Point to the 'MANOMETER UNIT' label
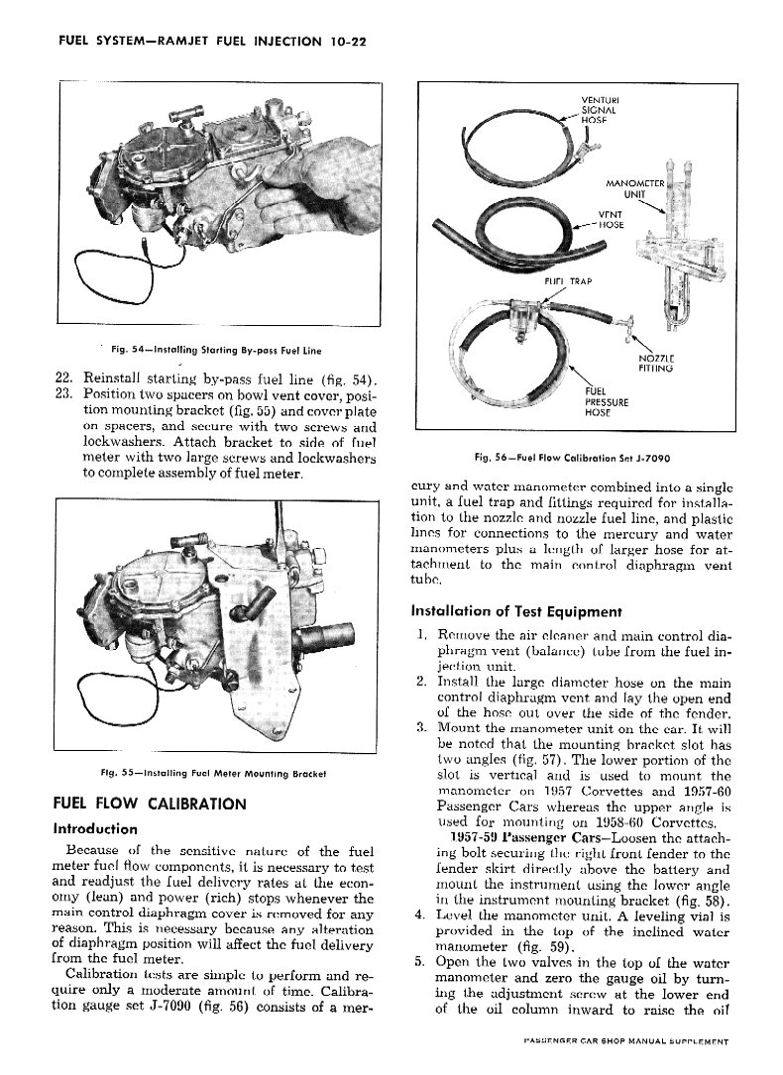click(x=633, y=189)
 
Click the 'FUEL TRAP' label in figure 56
click(x=567, y=280)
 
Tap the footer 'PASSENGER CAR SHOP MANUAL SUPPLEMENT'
click(x=625, y=1042)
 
